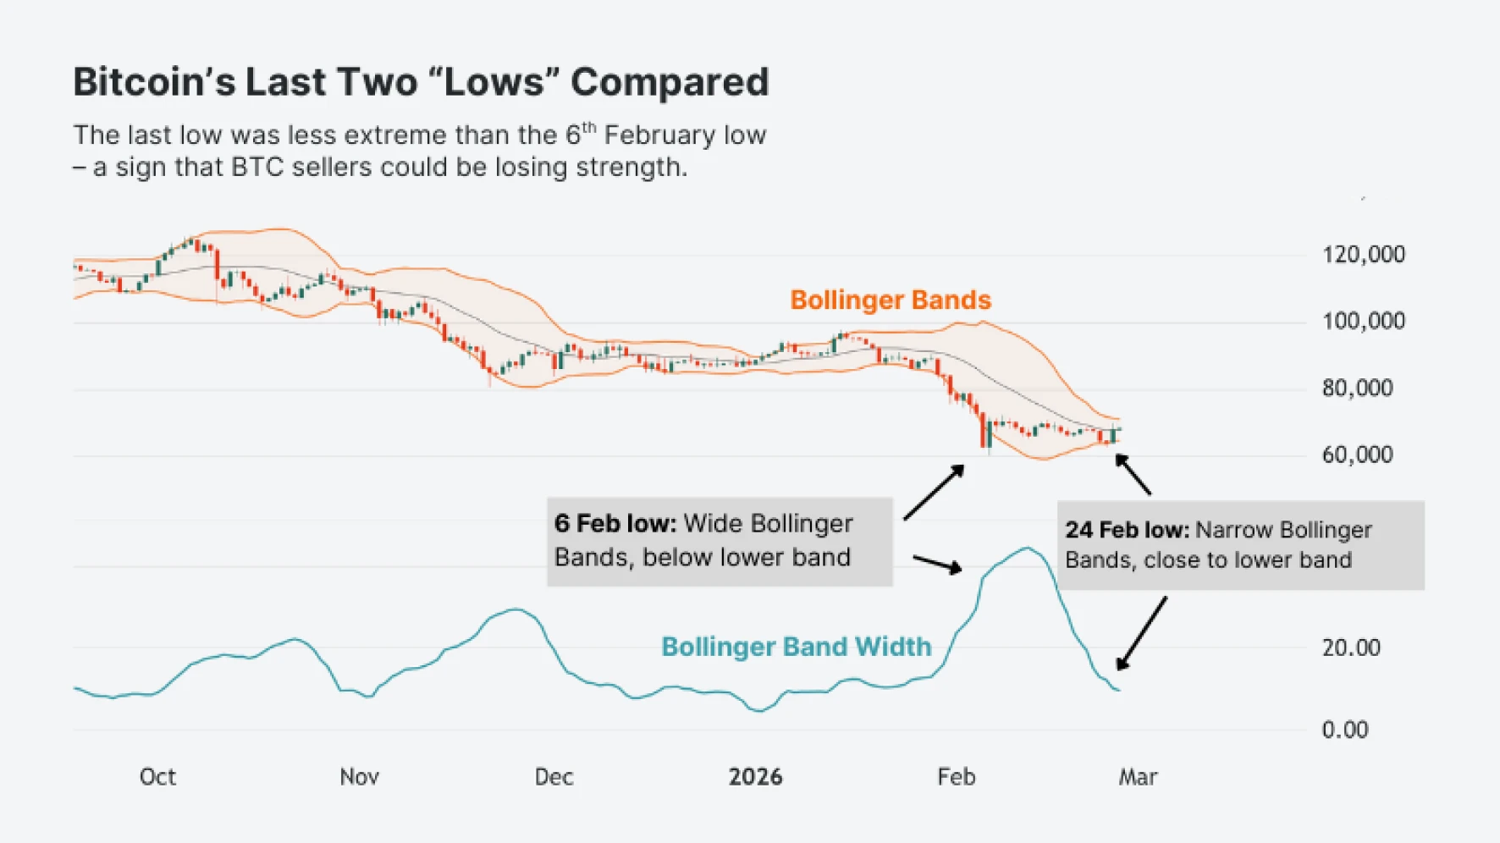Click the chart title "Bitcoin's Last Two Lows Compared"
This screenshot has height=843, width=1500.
point(421,83)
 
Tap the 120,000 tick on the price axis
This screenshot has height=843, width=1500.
point(1363,254)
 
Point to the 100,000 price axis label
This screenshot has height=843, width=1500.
point(1363,321)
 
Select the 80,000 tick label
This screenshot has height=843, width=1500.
point(1357,388)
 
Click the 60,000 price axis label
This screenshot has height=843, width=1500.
point(1357,455)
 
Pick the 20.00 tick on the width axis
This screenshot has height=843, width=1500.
point(1351,647)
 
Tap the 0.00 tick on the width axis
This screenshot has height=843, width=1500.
point(1345,730)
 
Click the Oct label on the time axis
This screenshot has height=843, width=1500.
point(157,777)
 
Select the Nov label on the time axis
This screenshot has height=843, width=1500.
point(359,777)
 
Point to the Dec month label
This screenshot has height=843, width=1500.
point(554,777)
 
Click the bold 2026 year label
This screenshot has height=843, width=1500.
point(755,777)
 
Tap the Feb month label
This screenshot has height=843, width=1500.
point(956,777)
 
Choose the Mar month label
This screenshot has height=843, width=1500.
point(1138,777)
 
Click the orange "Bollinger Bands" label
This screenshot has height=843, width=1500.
point(891,300)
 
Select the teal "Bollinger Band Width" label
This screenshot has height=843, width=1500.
point(796,647)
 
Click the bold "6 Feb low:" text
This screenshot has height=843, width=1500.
point(615,523)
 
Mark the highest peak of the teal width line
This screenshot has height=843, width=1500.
point(1027,548)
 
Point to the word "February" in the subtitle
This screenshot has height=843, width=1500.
point(649,135)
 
